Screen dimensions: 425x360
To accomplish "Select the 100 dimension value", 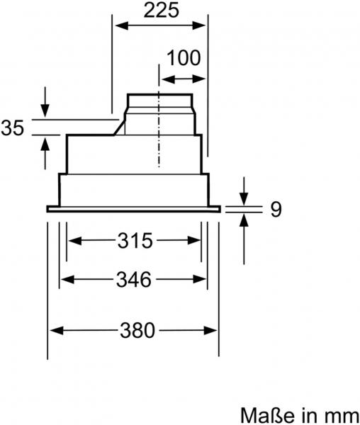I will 184,58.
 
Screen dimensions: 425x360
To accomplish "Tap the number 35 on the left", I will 13,128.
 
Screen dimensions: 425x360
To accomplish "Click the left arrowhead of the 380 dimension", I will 54,330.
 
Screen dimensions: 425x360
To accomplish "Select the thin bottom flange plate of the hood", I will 134,208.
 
